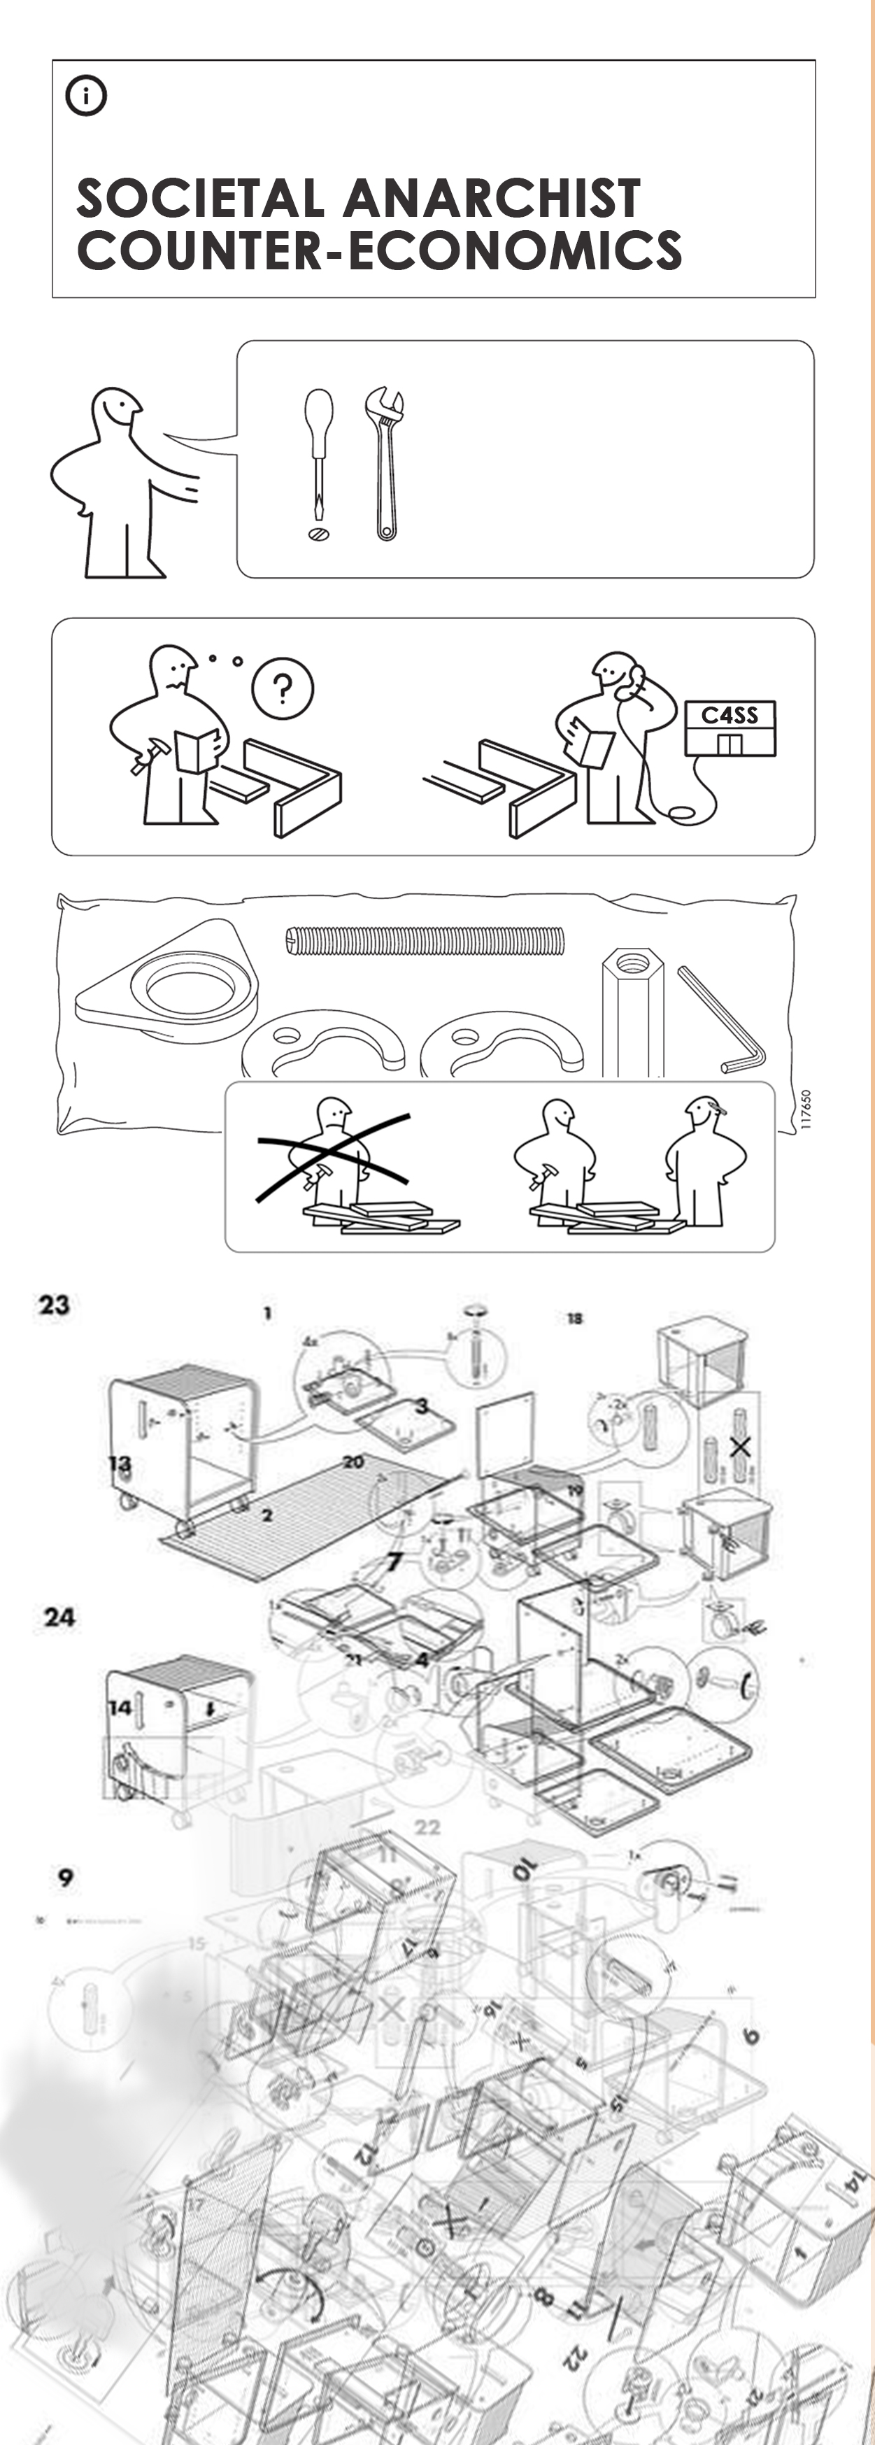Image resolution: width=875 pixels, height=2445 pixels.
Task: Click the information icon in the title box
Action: (x=85, y=96)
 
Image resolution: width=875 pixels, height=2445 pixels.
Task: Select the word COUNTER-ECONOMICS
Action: (x=378, y=250)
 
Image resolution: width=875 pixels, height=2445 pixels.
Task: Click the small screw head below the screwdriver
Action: (x=319, y=534)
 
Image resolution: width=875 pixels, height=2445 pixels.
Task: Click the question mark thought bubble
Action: (x=282, y=688)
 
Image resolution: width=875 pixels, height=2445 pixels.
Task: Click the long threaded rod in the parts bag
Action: (x=425, y=941)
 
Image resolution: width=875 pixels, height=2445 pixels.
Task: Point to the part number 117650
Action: (x=806, y=1109)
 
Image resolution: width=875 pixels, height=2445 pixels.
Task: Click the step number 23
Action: (x=54, y=1305)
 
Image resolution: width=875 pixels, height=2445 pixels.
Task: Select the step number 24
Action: (x=59, y=1617)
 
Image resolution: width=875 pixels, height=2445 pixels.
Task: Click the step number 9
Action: (x=64, y=1876)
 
